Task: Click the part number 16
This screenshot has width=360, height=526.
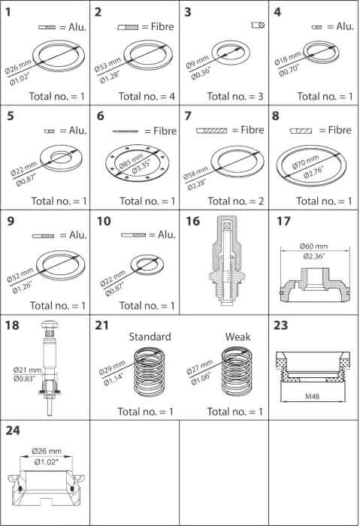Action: (193, 221)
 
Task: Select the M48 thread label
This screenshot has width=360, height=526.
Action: (312, 396)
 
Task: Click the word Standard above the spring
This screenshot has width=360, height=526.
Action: (150, 337)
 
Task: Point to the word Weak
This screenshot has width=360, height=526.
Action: (238, 337)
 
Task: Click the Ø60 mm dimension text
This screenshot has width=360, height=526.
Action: (313, 246)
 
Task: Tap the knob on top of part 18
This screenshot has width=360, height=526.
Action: (50, 325)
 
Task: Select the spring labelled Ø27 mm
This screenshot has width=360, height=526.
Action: (237, 371)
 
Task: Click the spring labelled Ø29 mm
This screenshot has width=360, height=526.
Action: (150, 372)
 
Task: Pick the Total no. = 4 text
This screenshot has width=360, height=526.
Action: (147, 97)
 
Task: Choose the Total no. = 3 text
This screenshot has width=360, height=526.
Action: (235, 97)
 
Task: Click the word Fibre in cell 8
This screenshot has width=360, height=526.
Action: (340, 130)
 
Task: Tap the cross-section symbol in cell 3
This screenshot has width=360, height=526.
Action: (258, 25)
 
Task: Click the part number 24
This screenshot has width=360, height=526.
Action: (13, 431)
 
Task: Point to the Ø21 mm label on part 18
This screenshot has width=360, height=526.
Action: (28, 370)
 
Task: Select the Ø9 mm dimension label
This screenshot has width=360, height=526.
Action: (198, 62)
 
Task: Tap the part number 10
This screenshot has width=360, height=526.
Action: (104, 221)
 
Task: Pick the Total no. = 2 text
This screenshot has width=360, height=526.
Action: (235, 201)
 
